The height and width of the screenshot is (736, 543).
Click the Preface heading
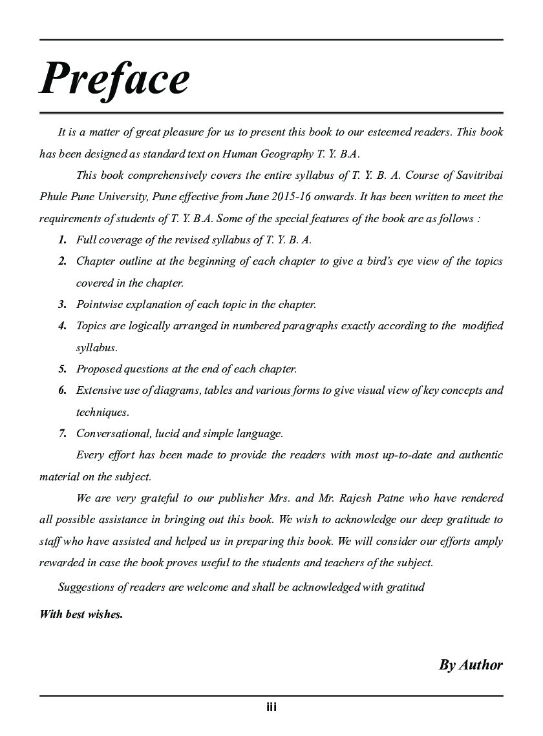coord(115,80)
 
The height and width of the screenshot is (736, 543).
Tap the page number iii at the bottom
coord(271,707)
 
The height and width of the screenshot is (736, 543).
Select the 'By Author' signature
coord(471,665)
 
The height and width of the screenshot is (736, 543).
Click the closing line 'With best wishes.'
coord(81,614)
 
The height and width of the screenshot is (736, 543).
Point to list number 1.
coord(62,240)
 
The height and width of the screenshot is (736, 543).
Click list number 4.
coord(62,326)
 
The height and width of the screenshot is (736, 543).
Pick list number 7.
coord(62,434)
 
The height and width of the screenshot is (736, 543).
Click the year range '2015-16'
coord(286,197)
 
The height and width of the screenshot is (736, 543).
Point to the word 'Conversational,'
coord(114,434)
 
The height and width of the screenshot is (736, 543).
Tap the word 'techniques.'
coord(102,412)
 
